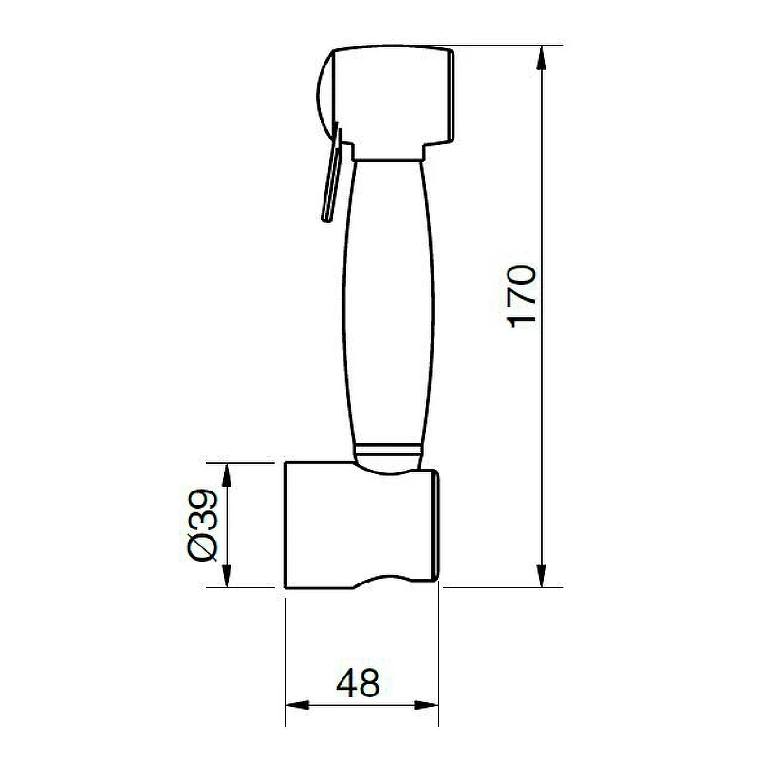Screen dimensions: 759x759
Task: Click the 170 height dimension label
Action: tap(521, 296)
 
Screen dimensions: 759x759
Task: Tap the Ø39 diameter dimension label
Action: tap(203, 525)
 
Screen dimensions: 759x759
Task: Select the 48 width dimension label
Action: tap(358, 683)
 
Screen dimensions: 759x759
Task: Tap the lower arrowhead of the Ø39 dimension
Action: tap(227, 576)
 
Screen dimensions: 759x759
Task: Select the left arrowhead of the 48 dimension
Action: tap(297, 705)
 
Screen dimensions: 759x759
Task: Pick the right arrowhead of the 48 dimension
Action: tap(426, 705)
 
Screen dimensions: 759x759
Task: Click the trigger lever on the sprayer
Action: tap(332, 175)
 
